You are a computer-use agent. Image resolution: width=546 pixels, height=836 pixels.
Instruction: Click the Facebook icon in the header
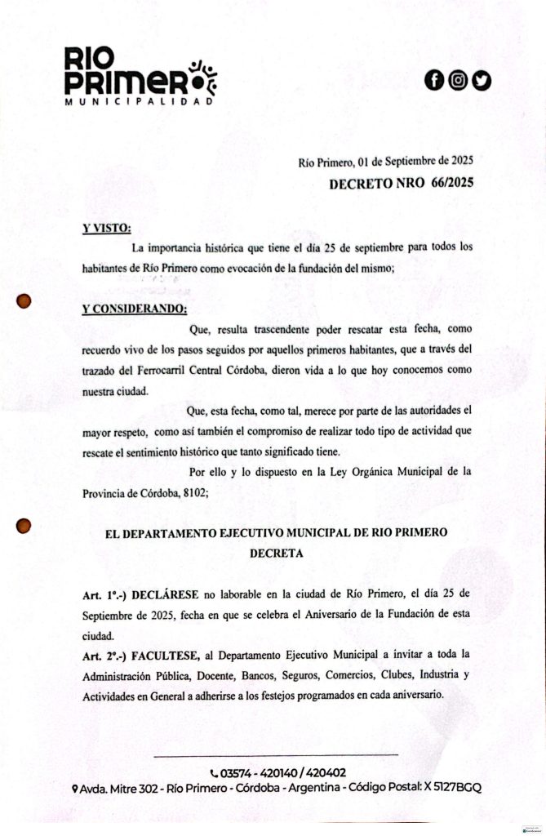pos(434,80)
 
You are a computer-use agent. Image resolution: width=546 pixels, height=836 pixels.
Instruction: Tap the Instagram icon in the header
pos(458,80)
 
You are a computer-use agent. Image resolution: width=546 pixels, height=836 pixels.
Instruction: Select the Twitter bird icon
pos(482,80)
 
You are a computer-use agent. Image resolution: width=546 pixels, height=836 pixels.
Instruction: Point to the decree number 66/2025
pos(449,184)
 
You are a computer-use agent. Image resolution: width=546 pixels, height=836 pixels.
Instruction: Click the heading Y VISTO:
pos(107,228)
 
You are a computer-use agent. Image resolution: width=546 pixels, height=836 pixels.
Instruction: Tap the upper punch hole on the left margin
pos(24,300)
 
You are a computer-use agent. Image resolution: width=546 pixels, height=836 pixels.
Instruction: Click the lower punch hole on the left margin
pos(24,527)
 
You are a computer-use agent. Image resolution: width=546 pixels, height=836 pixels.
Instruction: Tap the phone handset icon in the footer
pos(214,773)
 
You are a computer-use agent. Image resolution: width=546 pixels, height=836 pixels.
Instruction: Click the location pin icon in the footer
pos(74,789)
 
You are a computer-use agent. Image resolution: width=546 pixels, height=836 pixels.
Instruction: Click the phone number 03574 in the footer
pos(238,772)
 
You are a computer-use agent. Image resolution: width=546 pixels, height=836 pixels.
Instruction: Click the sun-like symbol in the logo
pos(202,73)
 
